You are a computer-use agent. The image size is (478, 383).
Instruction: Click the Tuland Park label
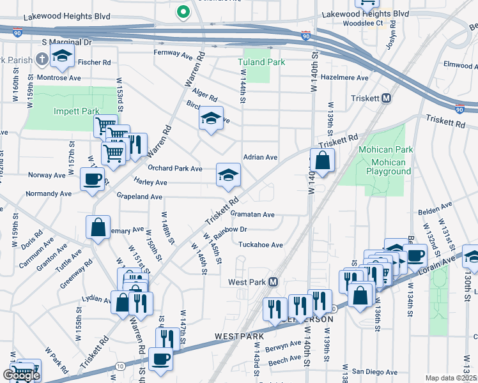pos(261,62)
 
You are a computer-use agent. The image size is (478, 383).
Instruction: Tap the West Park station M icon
pos(273,282)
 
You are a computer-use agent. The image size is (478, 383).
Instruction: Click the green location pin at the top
pos(183,12)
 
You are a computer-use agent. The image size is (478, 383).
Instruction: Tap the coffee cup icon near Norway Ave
pos(92,179)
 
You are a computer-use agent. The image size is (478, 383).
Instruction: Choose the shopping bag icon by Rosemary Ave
pos(98,229)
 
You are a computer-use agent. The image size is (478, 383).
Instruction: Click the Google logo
pos(21,375)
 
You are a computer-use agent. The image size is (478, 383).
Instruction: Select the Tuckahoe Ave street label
pos(260,244)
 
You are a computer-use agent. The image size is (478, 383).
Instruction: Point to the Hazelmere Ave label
pos(345,77)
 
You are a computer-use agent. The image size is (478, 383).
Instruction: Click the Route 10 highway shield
pos(120,365)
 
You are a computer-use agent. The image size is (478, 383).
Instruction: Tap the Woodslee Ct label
pos(380,23)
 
